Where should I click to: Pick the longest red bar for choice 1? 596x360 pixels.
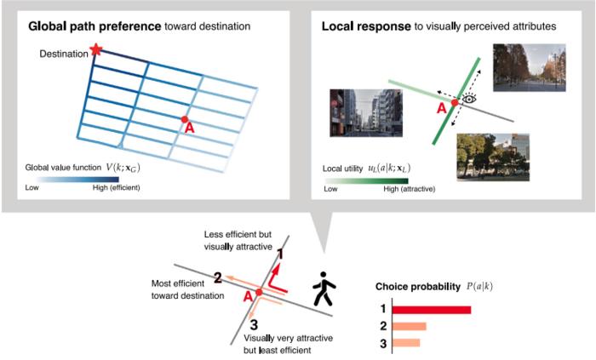point(431,308)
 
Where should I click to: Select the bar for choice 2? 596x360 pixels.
point(409,326)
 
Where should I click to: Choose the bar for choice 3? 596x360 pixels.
point(405,343)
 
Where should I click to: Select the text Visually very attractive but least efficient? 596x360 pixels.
point(282,344)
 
